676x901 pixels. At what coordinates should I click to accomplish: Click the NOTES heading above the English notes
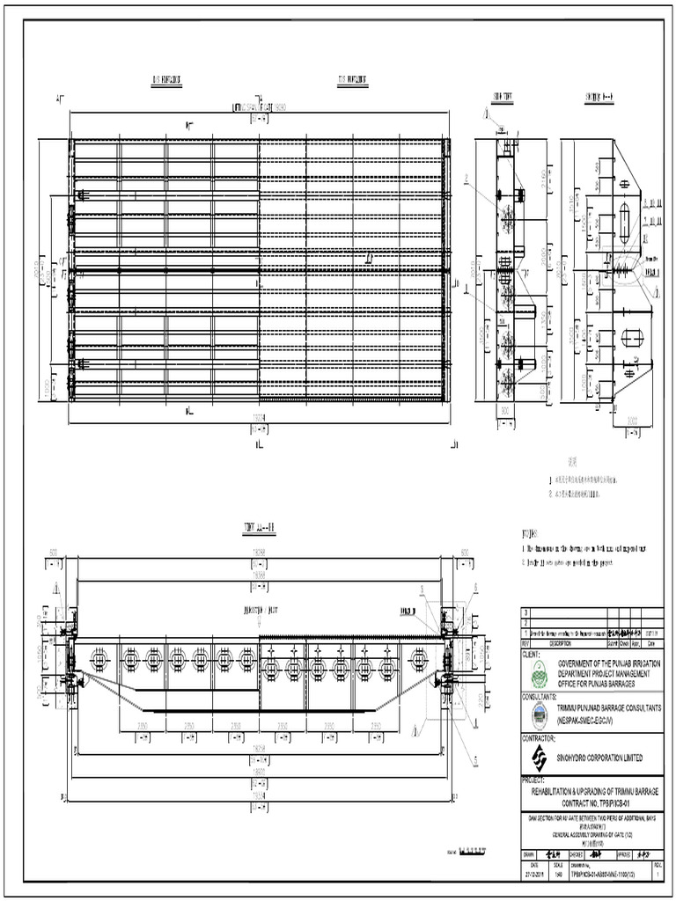pos(529,533)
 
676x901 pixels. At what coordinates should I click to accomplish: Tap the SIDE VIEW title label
pos(503,97)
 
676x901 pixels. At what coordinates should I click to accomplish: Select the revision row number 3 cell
pos(525,612)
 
